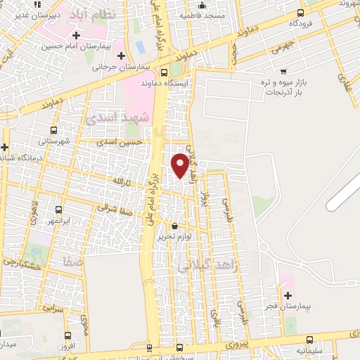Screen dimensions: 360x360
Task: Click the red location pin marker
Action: pos(180,165)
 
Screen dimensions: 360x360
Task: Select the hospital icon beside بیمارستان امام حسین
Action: pos(76,35)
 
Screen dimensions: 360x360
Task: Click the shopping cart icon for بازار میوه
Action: pos(283,70)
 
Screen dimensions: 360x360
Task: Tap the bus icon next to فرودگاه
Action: pos(302,12)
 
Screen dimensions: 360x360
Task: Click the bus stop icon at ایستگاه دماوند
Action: pos(164,72)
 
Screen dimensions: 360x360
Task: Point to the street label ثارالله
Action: pos(122,181)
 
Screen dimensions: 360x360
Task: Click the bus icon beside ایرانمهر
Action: pos(58,210)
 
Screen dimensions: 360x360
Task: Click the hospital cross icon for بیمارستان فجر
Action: pos(288,296)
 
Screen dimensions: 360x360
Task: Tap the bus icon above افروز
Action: pos(67,335)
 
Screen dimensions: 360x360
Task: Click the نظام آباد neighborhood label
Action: pos(132,13)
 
